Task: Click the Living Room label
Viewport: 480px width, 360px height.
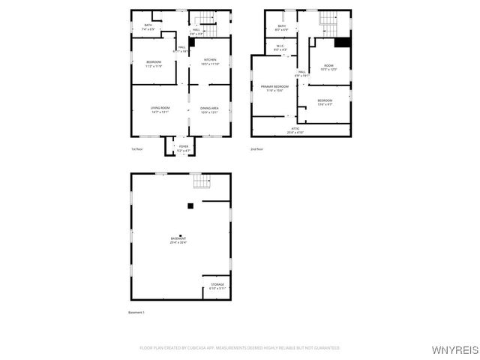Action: coord(159,109)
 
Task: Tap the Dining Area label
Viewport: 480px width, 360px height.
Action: coord(209,109)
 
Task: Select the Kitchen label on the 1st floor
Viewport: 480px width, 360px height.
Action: coord(210,61)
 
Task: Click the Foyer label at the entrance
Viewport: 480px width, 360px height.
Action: coord(183,148)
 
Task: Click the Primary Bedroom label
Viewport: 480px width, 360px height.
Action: coord(272,88)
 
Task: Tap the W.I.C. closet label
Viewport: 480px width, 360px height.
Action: coord(279,48)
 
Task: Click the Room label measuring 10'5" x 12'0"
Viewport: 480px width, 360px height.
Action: coord(328,67)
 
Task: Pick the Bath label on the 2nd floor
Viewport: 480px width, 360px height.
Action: coord(281,28)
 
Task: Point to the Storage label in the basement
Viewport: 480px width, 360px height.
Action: coord(217,286)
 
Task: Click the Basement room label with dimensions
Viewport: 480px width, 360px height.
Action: coord(178,241)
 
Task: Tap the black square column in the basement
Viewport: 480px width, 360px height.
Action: coord(190,205)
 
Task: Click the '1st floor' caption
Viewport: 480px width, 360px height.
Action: coord(137,149)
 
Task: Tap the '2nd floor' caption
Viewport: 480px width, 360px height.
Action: coord(256,149)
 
